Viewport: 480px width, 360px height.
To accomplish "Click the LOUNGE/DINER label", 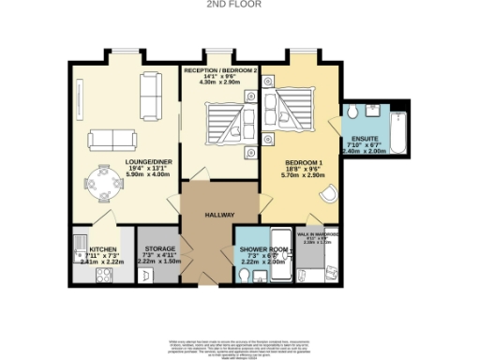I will click(x=119, y=160).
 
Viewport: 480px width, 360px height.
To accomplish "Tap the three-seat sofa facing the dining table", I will click(x=112, y=141).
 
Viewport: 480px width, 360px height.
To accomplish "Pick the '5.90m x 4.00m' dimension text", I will click(x=119, y=175).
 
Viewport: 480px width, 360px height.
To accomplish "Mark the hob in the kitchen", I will click(x=102, y=275).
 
